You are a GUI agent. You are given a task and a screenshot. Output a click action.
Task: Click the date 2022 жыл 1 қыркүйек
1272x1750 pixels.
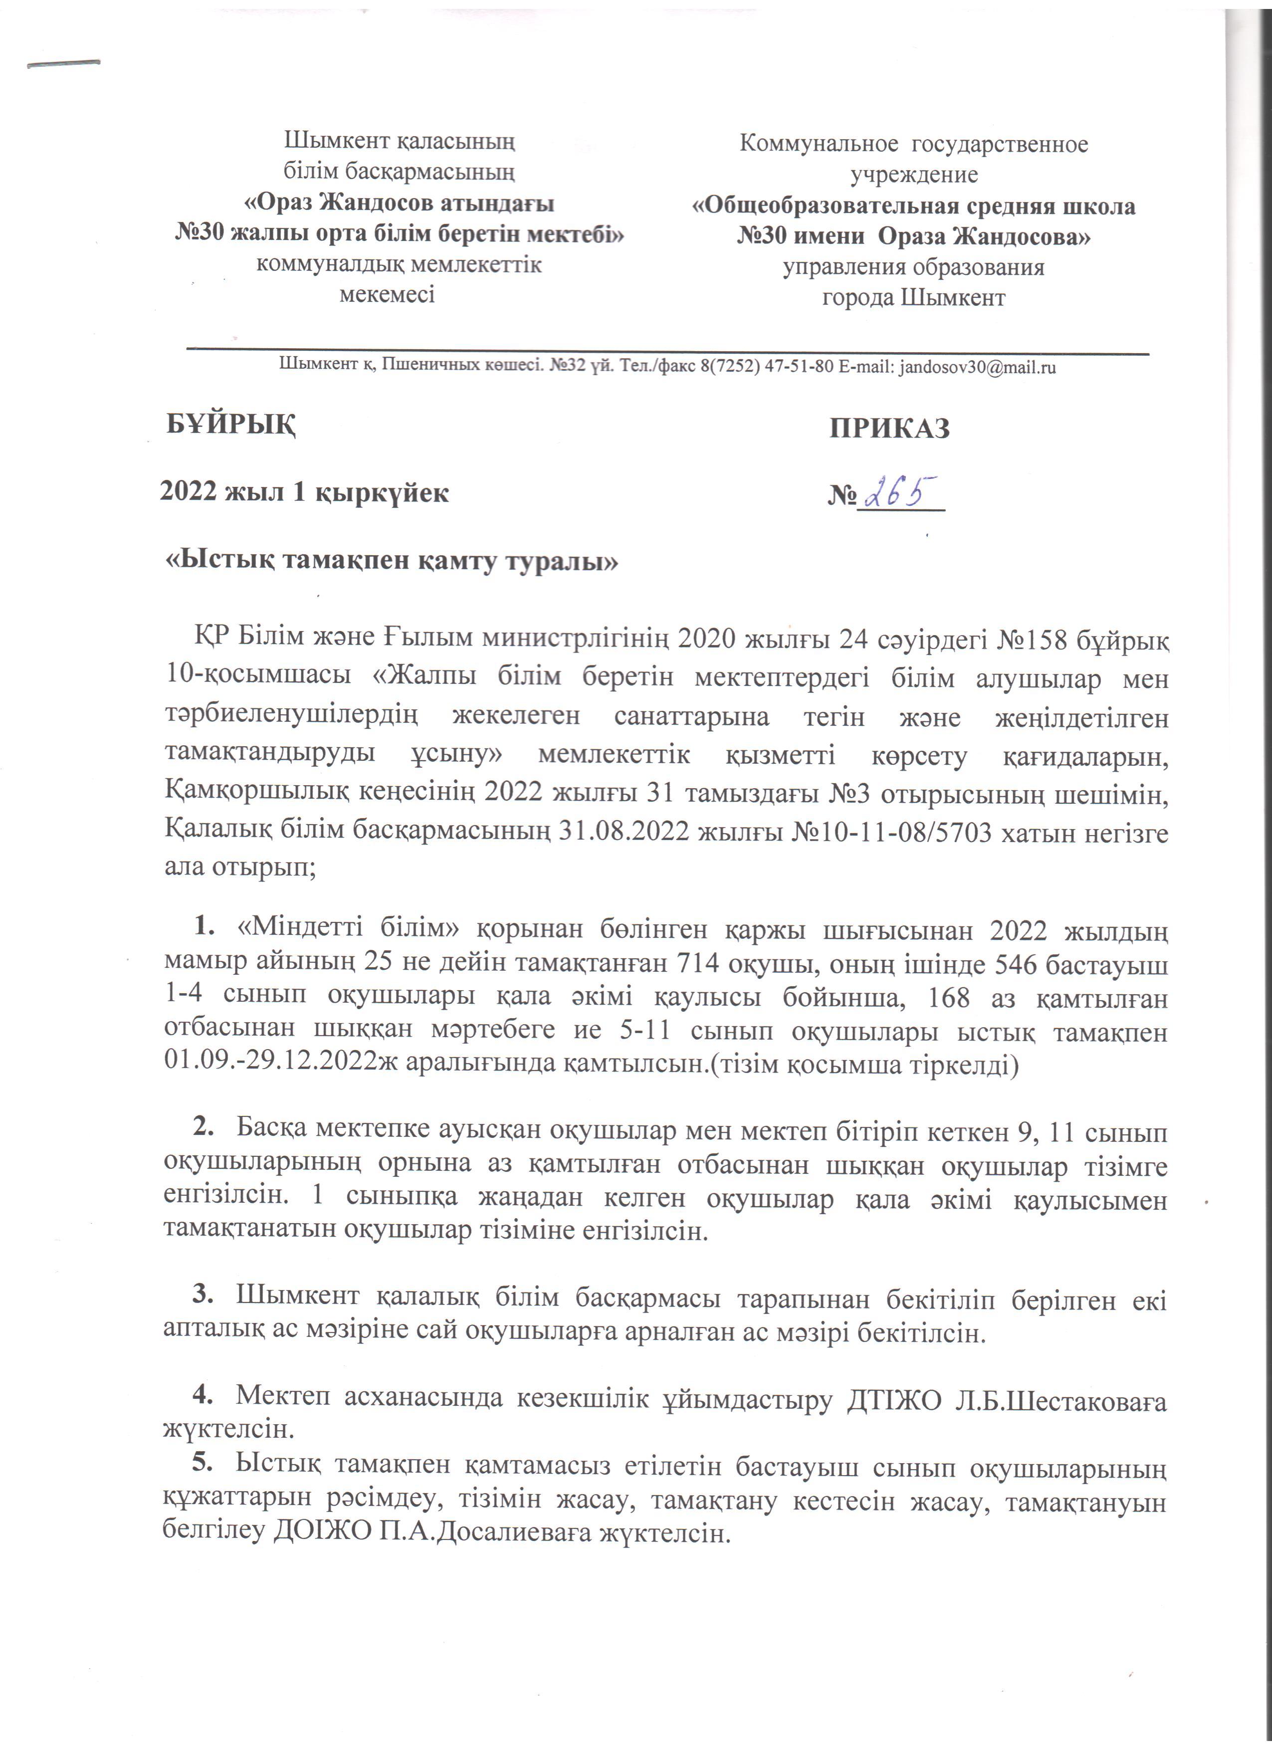(x=304, y=492)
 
